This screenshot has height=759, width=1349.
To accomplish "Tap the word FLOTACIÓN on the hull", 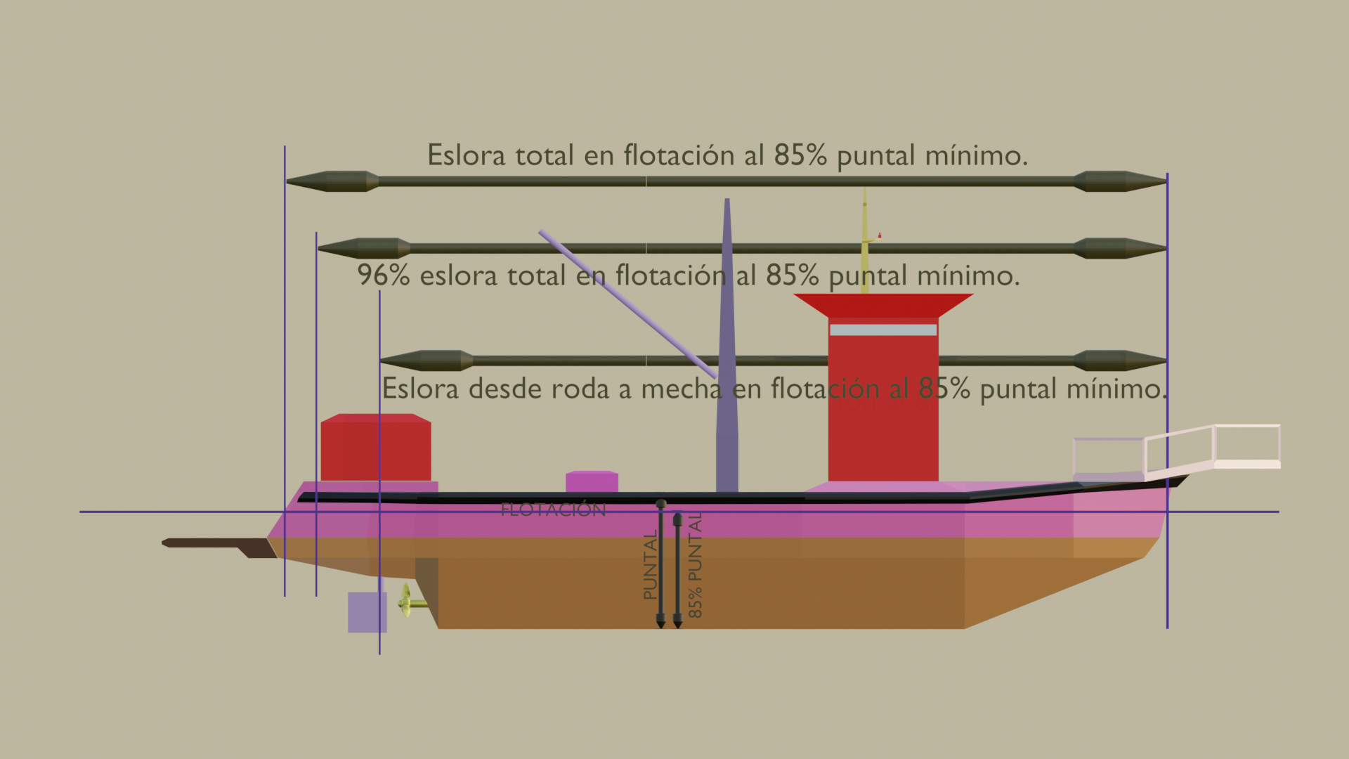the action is pyautogui.click(x=553, y=510).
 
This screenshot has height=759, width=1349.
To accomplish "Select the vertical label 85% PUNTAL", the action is pyautogui.click(x=695, y=565).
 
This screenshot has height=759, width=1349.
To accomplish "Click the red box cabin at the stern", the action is pyautogui.click(x=376, y=448).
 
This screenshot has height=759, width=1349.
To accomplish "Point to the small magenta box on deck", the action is pyautogui.click(x=592, y=481).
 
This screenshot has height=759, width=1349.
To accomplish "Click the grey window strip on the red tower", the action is pyautogui.click(x=883, y=330).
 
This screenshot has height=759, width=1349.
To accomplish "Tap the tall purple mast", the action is pyautogui.click(x=727, y=345).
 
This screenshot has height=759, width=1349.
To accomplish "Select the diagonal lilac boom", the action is pyautogui.click(x=627, y=304).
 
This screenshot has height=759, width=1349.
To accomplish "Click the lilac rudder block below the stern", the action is pyautogui.click(x=367, y=612).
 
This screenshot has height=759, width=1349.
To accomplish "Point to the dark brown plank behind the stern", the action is pyautogui.click(x=218, y=546).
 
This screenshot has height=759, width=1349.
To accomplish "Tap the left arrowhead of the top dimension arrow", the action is pyautogui.click(x=332, y=181).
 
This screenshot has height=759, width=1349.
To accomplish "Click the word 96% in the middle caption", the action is pyautogui.click(x=384, y=275).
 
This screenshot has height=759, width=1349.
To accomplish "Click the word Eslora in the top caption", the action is pyautogui.click(x=466, y=155).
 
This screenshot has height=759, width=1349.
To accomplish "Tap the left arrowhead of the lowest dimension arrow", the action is pyautogui.click(x=426, y=361).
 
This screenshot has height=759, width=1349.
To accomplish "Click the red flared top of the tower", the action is pyautogui.click(x=883, y=305).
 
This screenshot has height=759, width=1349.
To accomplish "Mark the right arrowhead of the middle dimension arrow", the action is pyautogui.click(x=1120, y=248).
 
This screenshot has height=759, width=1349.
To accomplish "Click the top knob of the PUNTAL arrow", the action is pyautogui.click(x=660, y=504).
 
